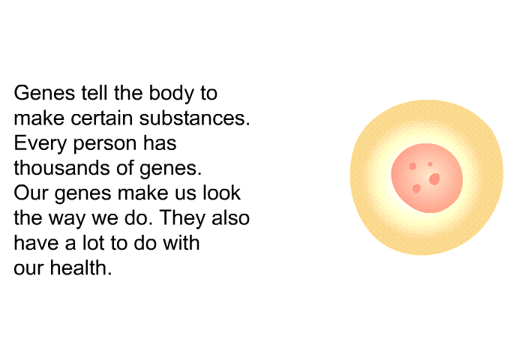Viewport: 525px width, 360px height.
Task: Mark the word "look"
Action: [223, 193]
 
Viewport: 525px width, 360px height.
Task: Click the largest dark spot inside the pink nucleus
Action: [434, 178]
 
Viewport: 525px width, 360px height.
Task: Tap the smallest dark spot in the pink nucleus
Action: [430, 164]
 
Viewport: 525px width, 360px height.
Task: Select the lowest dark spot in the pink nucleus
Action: [416, 188]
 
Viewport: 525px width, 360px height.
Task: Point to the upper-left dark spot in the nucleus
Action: [412, 166]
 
